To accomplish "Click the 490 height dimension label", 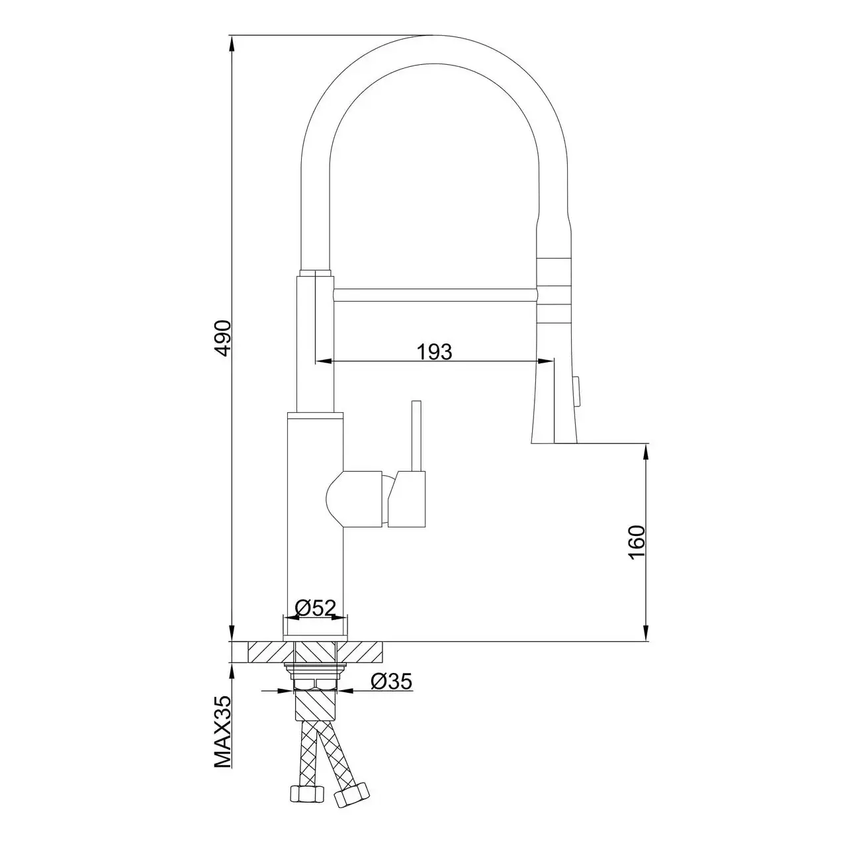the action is pyautogui.click(x=224, y=338).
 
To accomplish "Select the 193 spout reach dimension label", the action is pyautogui.click(x=434, y=351).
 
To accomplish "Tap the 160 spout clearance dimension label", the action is pyautogui.click(x=637, y=541).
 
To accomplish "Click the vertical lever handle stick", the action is pyautogui.click(x=416, y=435).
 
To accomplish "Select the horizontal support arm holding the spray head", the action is pyautogui.click(x=435, y=295).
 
